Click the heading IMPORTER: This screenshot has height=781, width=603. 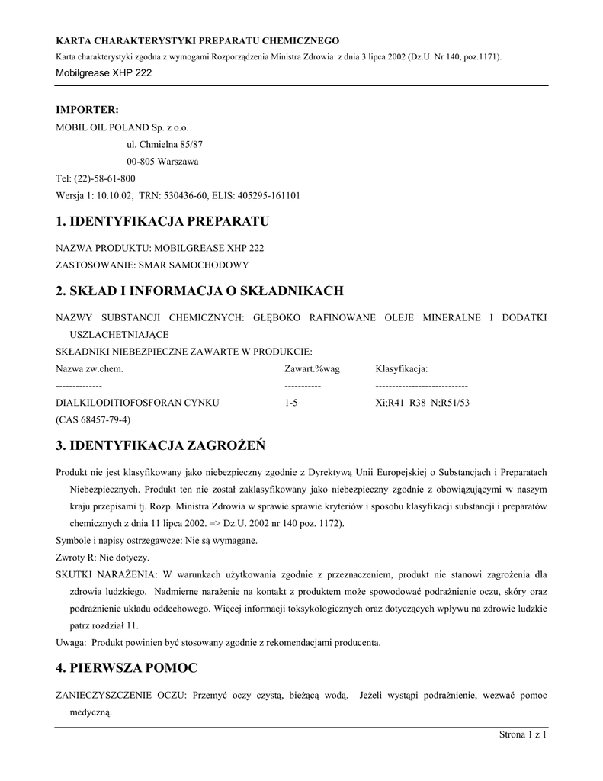click(x=88, y=110)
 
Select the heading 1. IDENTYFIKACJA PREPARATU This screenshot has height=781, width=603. click(x=163, y=222)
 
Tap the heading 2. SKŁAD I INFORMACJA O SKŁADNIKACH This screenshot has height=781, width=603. click(x=200, y=291)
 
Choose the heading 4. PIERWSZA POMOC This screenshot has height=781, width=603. click(x=127, y=668)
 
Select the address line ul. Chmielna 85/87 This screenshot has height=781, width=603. click(x=164, y=143)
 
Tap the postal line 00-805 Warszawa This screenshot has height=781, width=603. click(x=162, y=162)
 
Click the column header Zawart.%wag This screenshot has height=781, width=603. click(x=312, y=369)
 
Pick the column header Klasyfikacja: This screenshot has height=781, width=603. click(x=402, y=369)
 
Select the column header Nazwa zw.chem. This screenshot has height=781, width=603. click(x=89, y=369)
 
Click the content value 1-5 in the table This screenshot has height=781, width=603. click(x=290, y=403)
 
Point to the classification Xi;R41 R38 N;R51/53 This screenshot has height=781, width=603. click(x=422, y=403)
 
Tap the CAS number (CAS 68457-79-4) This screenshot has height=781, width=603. click(x=94, y=420)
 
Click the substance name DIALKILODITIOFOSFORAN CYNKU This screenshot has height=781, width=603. click(x=138, y=403)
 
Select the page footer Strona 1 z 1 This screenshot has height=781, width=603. click(x=524, y=735)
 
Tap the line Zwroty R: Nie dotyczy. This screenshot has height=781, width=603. click(x=102, y=558)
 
